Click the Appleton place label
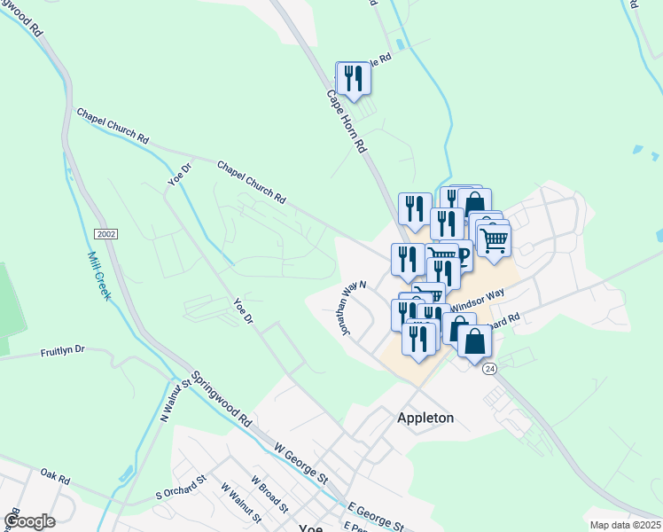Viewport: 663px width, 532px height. [x=425, y=418]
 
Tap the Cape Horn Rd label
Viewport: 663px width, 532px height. [x=347, y=122]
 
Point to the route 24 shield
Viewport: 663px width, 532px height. [x=489, y=368]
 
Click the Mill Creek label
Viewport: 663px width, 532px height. [x=98, y=275]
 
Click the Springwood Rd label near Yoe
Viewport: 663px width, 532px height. [x=222, y=401]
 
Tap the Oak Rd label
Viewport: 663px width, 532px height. [x=55, y=478]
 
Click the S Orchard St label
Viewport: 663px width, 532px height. [x=181, y=485]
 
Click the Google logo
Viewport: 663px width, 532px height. [x=29, y=521]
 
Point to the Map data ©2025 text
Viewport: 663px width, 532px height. [x=625, y=525]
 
